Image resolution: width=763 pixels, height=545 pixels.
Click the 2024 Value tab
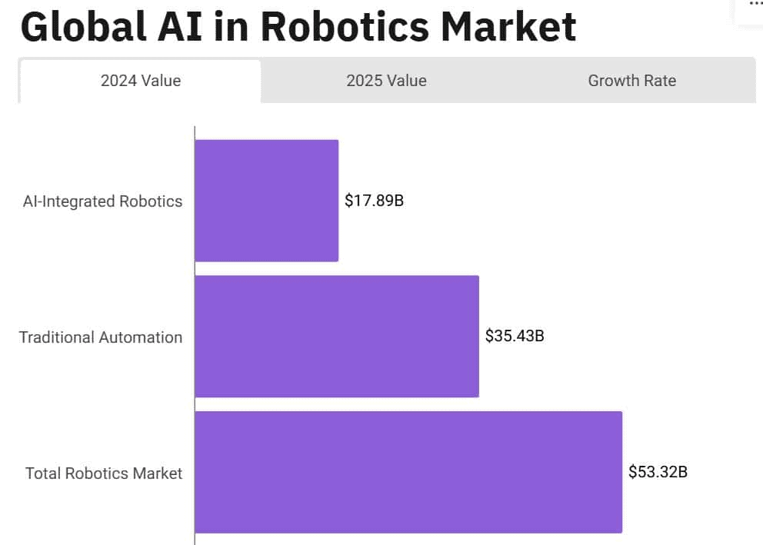tap(141, 81)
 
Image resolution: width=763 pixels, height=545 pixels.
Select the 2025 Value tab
tap(386, 81)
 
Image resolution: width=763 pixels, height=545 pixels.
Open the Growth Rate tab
tap(631, 81)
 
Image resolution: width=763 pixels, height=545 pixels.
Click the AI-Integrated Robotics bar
tap(266, 201)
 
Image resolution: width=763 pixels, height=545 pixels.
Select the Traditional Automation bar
tap(337, 336)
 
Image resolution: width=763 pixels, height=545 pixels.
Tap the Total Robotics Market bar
tap(408, 472)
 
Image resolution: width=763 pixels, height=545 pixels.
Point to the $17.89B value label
tap(374, 201)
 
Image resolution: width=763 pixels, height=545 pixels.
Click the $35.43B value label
tap(515, 336)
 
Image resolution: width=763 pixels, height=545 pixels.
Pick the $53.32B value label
tap(658, 472)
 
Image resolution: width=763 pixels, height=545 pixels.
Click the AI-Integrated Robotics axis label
tap(103, 201)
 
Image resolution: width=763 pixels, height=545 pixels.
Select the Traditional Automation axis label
tap(101, 337)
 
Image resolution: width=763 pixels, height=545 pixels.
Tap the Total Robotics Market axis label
tap(104, 474)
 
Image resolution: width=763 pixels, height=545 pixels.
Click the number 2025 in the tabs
tap(364, 81)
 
